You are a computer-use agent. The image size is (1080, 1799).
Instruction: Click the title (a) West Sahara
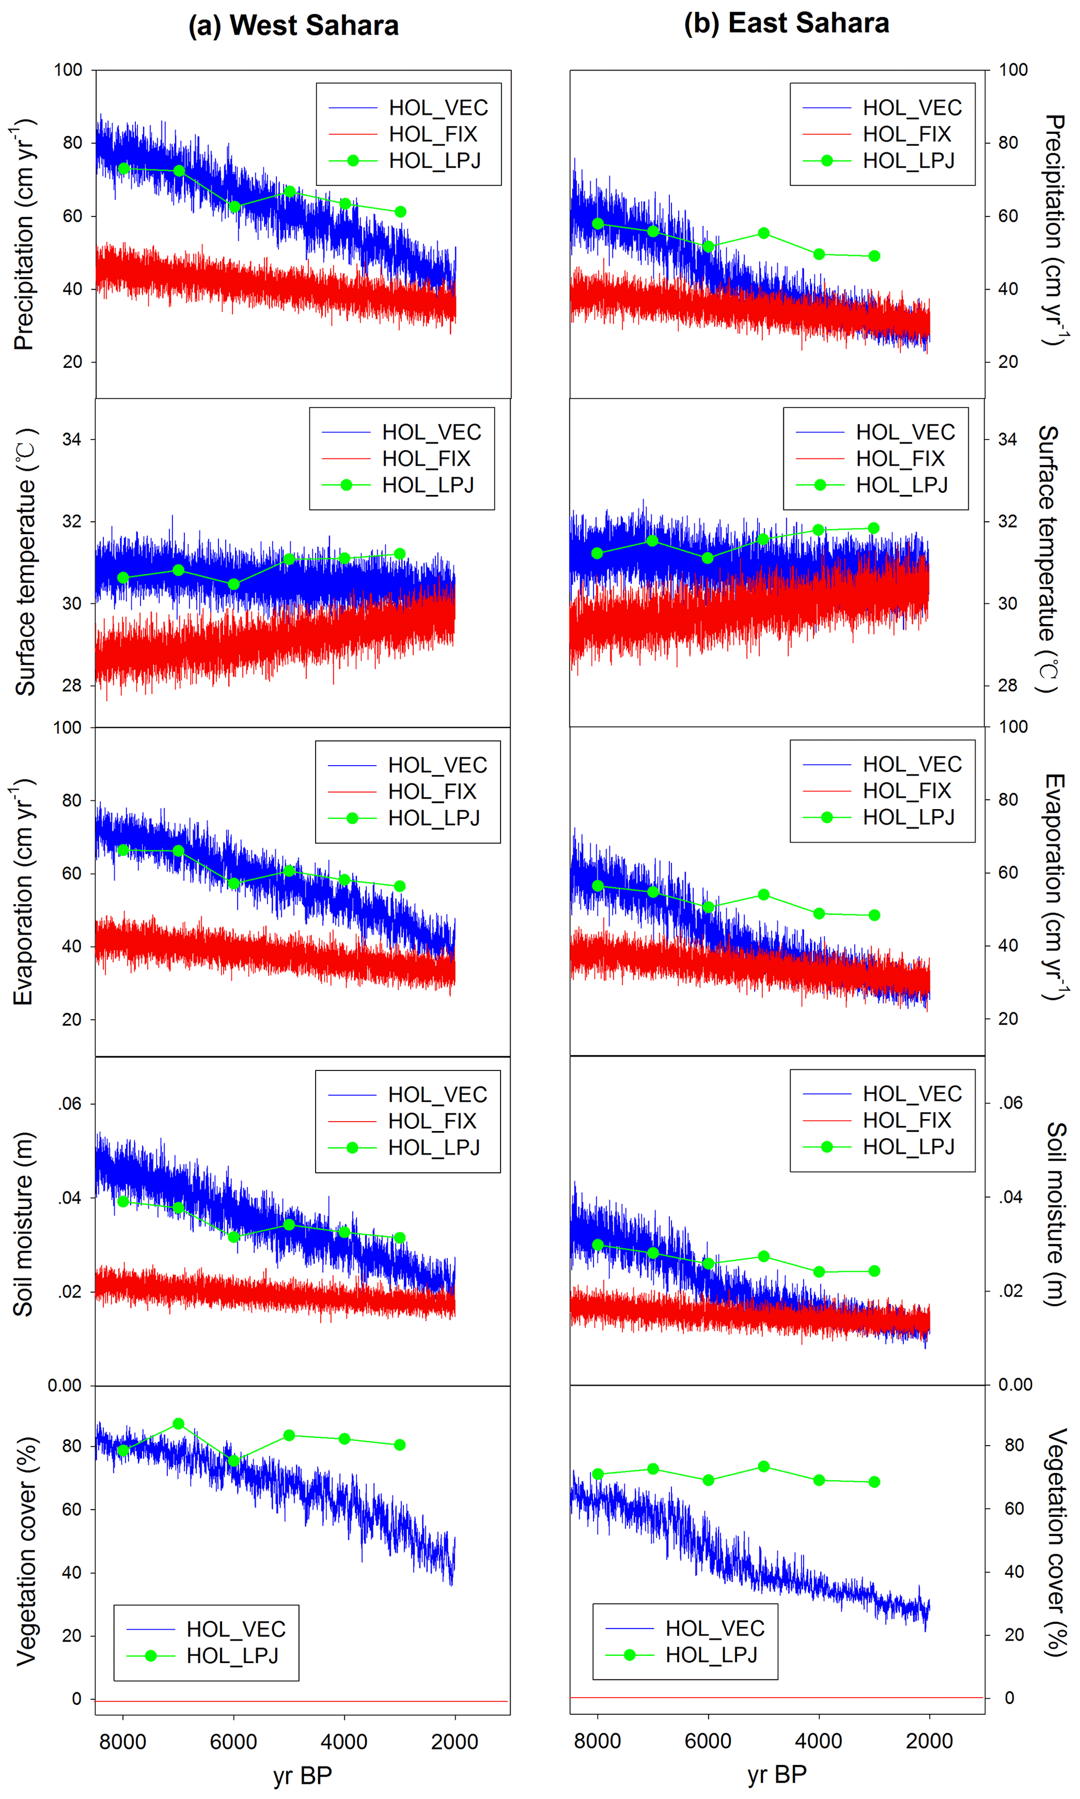tap(293, 26)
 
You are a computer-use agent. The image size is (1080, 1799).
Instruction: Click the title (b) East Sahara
tap(786, 24)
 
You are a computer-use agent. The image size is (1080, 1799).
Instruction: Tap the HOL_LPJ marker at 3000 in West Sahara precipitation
tap(400, 212)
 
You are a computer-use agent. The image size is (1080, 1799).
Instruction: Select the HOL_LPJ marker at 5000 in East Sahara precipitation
tap(763, 233)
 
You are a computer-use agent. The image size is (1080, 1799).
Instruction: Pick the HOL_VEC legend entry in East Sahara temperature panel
tap(904, 432)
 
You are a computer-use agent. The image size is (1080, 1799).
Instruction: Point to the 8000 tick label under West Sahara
tap(123, 1742)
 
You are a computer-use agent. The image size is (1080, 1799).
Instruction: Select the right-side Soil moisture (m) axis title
tap(1055, 1214)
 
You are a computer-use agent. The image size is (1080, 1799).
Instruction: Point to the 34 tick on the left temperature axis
tap(71, 440)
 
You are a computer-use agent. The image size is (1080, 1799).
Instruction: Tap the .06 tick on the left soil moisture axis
tap(70, 1103)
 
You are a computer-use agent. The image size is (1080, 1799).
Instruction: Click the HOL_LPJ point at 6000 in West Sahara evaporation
tap(234, 883)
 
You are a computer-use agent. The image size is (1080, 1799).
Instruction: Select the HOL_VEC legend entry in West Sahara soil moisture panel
tap(437, 1094)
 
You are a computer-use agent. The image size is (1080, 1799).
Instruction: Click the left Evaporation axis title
tap(24, 892)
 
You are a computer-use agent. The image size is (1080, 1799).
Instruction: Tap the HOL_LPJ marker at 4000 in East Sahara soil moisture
tap(819, 1272)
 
